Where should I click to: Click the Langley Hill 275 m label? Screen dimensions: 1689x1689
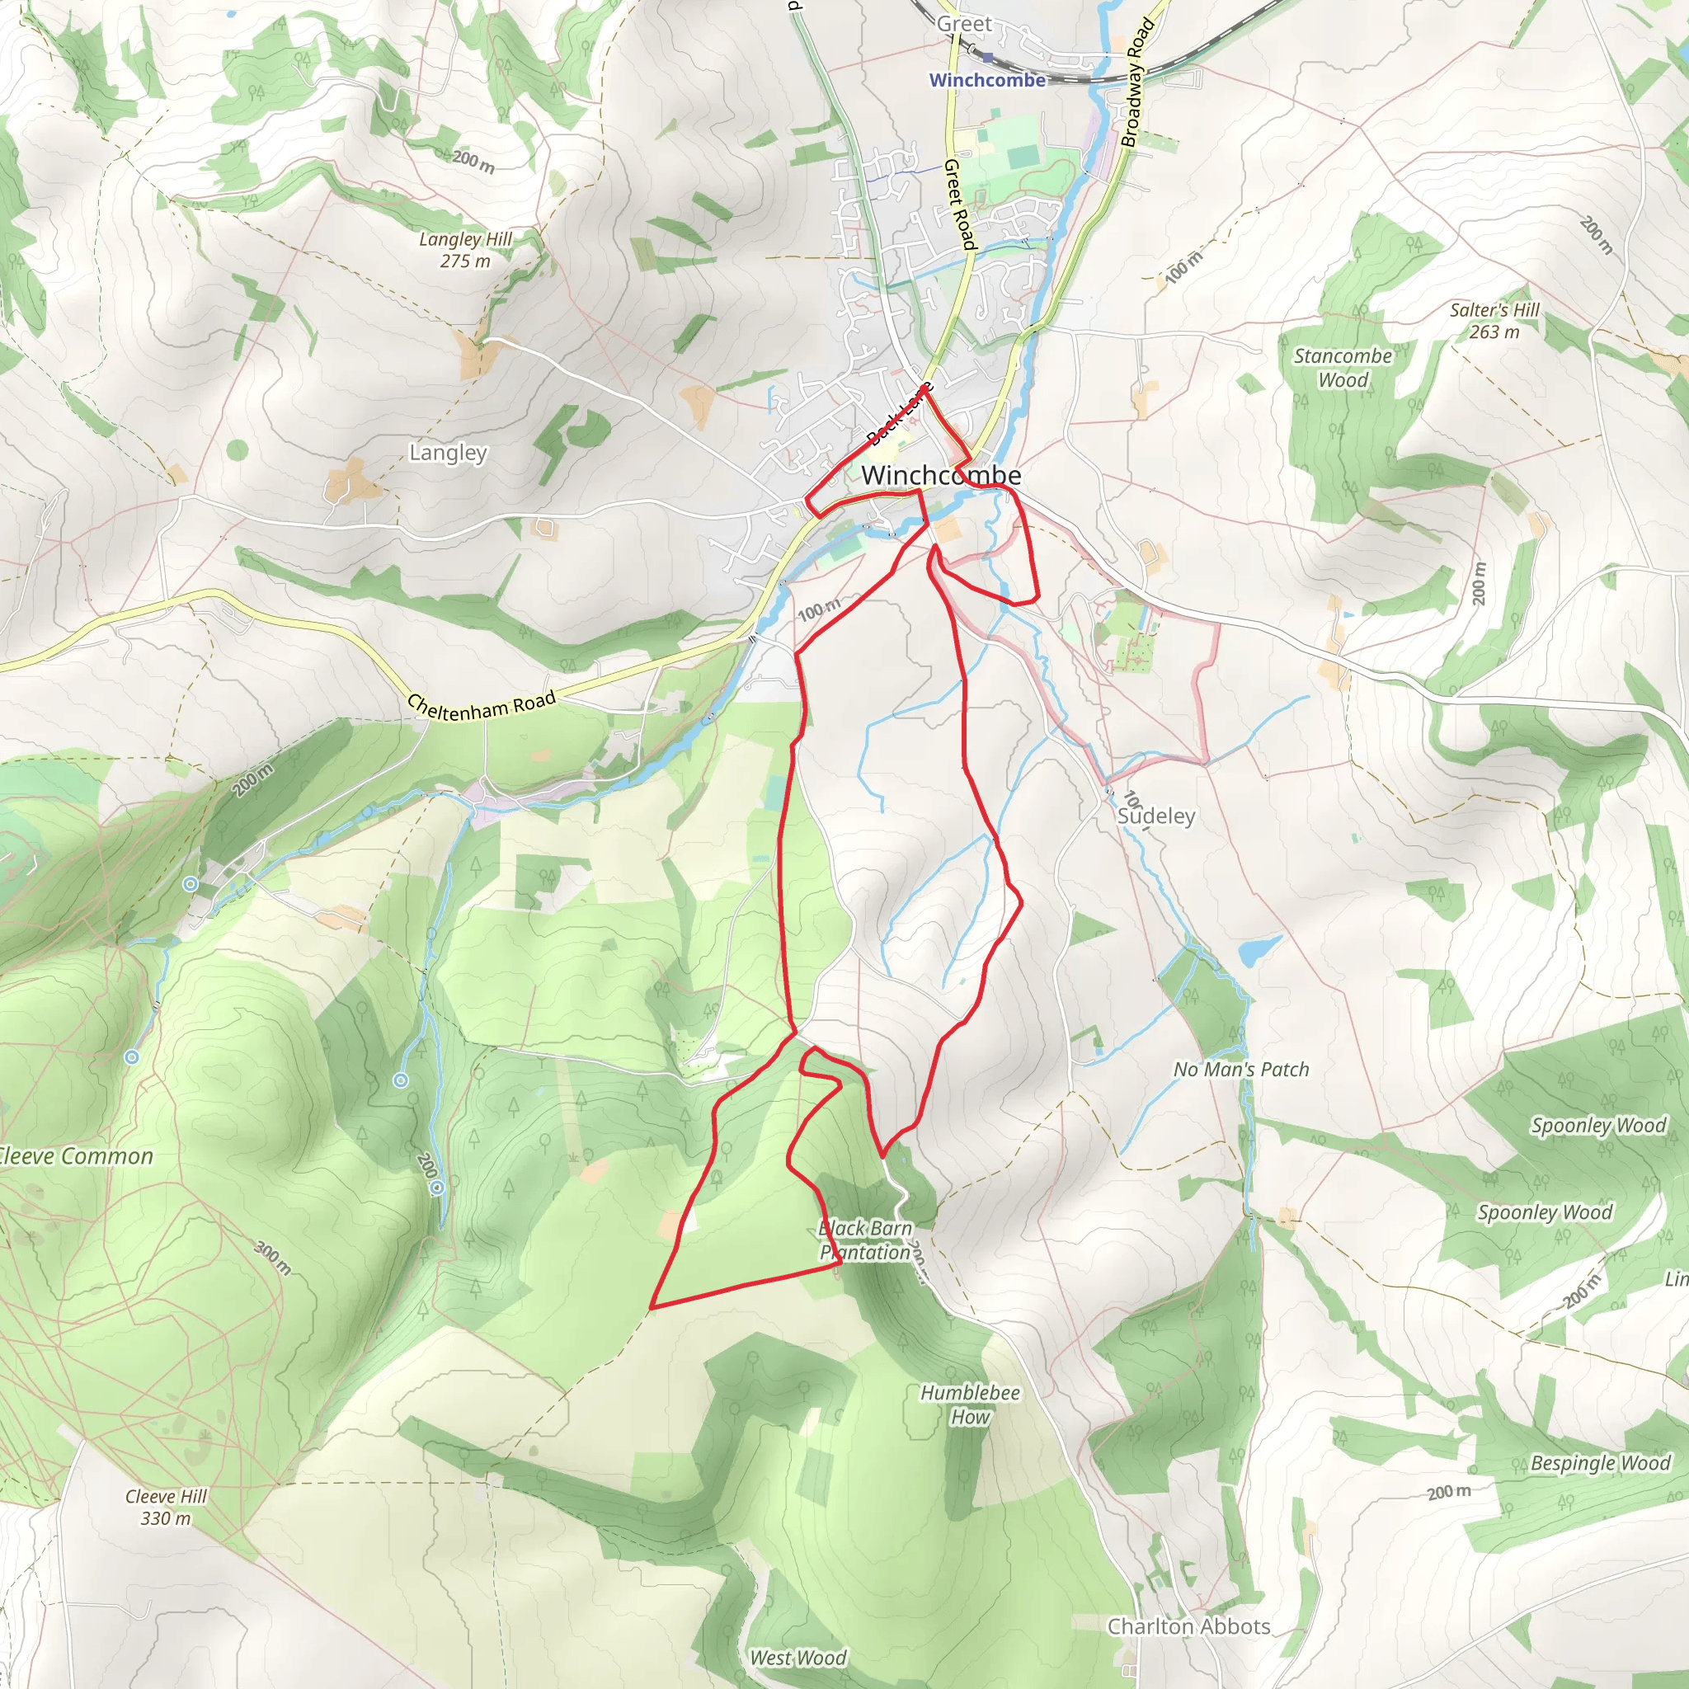pyautogui.click(x=465, y=250)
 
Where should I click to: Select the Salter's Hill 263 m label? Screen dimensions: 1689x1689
pyautogui.click(x=1494, y=321)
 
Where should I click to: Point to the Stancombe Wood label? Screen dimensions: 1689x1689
pyautogui.click(x=1343, y=368)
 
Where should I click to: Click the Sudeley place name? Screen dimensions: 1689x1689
pyautogui.click(x=1155, y=816)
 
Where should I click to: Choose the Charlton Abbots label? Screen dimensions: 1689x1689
pyautogui.click(x=1188, y=1626)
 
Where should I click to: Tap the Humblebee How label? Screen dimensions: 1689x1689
pyautogui.click(x=970, y=1404)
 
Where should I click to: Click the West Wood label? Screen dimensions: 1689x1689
pyautogui.click(x=798, y=1658)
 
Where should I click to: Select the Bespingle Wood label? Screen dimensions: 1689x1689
pyautogui.click(x=1600, y=1464)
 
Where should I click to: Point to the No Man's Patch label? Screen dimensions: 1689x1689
pyautogui.click(x=1240, y=1069)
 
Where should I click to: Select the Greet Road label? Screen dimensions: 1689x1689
pyautogui.click(x=959, y=204)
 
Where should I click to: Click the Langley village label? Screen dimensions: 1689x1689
pyautogui.click(x=448, y=453)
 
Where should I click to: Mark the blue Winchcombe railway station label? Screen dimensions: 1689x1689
pyautogui.click(x=987, y=81)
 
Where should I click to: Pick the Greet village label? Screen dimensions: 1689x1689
pyautogui.click(x=964, y=24)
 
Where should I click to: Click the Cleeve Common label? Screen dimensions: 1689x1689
pyautogui.click(x=75, y=1155)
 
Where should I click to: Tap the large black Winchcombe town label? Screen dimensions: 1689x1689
pyautogui.click(x=941, y=475)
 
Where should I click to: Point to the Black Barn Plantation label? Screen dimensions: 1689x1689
pyautogui.click(x=865, y=1240)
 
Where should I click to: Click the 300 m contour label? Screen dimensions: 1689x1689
pyautogui.click(x=273, y=1257)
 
